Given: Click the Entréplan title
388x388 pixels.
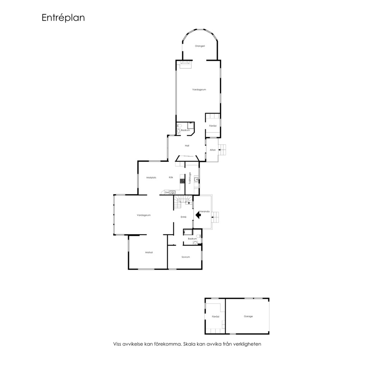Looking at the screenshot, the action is [63, 18].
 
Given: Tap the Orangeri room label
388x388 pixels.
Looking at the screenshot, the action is [200, 46].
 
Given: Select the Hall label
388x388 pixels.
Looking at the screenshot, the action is [187, 146].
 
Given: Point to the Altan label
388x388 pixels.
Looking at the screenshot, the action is [213, 150].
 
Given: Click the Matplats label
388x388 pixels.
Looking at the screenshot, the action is [151, 178].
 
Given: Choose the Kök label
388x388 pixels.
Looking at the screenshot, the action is [171, 177].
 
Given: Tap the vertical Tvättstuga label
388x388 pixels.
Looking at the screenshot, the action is [190, 178].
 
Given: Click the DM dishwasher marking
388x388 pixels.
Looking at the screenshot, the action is [167, 193].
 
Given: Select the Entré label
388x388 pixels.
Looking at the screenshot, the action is [183, 217].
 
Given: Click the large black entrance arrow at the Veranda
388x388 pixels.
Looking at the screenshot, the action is [198, 215].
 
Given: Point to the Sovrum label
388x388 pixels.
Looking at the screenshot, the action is [186, 257].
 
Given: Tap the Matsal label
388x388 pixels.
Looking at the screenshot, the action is [149, 253].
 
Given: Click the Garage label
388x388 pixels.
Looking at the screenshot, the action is [248, 317].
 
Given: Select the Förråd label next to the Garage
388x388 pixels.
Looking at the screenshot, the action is [216, 317].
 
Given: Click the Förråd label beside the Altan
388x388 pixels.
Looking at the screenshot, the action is [213, 126].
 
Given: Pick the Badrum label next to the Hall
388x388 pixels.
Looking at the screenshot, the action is [185, 130].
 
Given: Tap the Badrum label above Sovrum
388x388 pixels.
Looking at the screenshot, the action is [192, 239].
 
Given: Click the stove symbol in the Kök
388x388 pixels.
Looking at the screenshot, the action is [183, 181].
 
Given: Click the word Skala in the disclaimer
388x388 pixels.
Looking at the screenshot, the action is [189, 344].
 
